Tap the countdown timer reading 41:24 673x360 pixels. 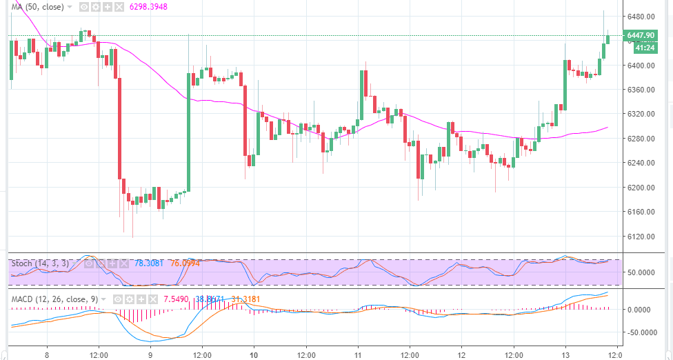(645, 48)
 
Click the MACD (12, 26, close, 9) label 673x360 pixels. (57, 299)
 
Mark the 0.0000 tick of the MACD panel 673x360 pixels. (642, 310)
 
